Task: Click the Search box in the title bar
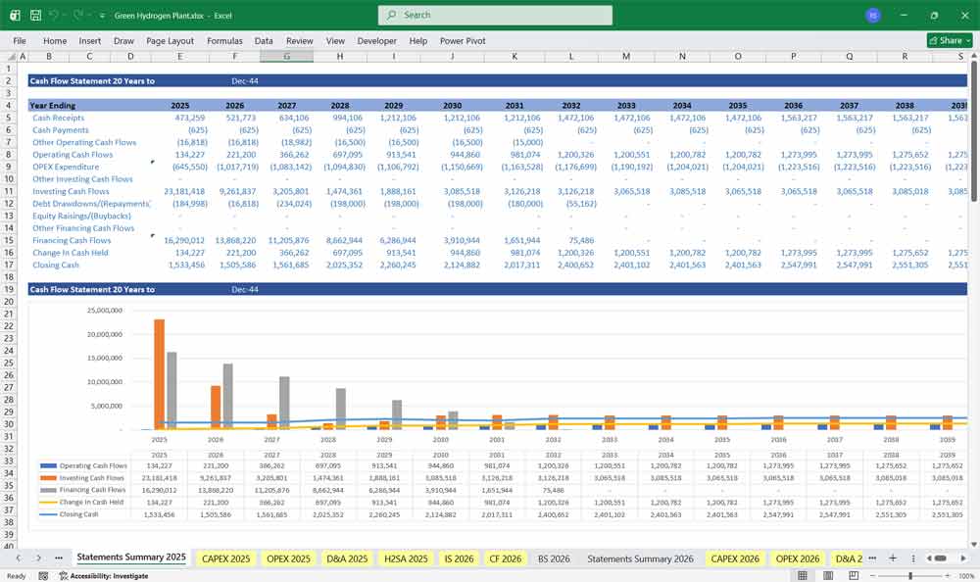pyautogui.click(x=495, y=15)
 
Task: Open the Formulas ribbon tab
pyautogui.click(x=224, y=41)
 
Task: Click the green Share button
pyautogui.click(x=949, y=40)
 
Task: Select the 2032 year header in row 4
pyautogui.click(x=570, y=105)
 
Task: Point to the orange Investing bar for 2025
pyautogui.click(x=159, y=373)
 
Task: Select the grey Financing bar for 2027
pyautogui.click(x=285, y=402)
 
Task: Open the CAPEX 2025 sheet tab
pyautogui.click(x=226, y=558)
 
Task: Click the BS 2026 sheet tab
pyautogui.click(x=554, y=558)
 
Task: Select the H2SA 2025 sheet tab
pyautogui.click(x=406, y=558)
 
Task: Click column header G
pyautogui.click(x=286, y=57)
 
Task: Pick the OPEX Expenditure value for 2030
pyautogui.click(x=452, y=167)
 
